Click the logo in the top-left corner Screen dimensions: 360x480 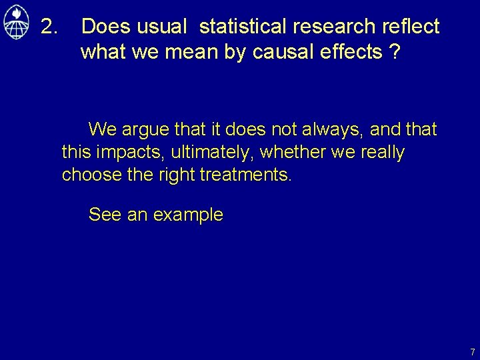point(15,24)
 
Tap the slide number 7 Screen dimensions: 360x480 point(472,352)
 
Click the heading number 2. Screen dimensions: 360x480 point(49,27)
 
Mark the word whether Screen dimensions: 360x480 point(293,152)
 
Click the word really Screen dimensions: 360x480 point(382,152)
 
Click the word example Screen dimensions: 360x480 point(188,215)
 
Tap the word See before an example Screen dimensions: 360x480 point(104,215)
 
